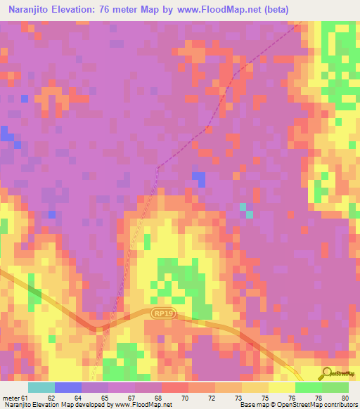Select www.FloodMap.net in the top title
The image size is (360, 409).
click(x=214, y=10)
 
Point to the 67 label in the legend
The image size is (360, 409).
click(x=140, y=398)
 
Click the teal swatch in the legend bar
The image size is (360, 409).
click(x=41, y=387)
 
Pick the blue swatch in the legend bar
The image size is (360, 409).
click(x=68, y=387)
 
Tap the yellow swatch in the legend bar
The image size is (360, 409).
click(x=282, y=387)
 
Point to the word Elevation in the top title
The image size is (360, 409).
click(x=70, y=10)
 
